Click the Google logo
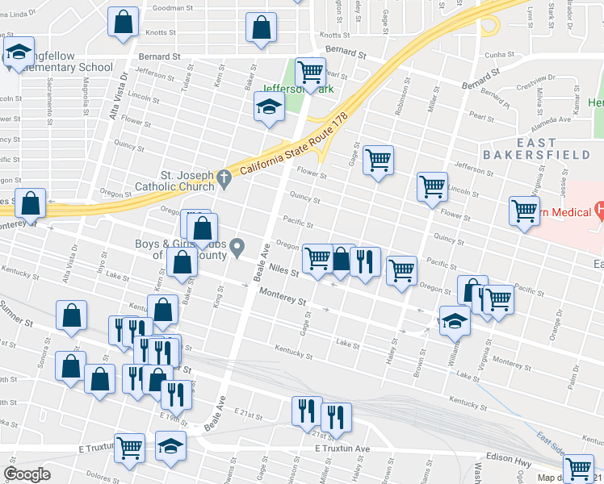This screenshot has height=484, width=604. pos(27,474)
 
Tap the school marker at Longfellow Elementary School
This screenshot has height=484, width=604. pos(18,54)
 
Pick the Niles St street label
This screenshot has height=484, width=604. pos(283,272)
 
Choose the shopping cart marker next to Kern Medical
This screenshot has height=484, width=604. pos(525,211)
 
